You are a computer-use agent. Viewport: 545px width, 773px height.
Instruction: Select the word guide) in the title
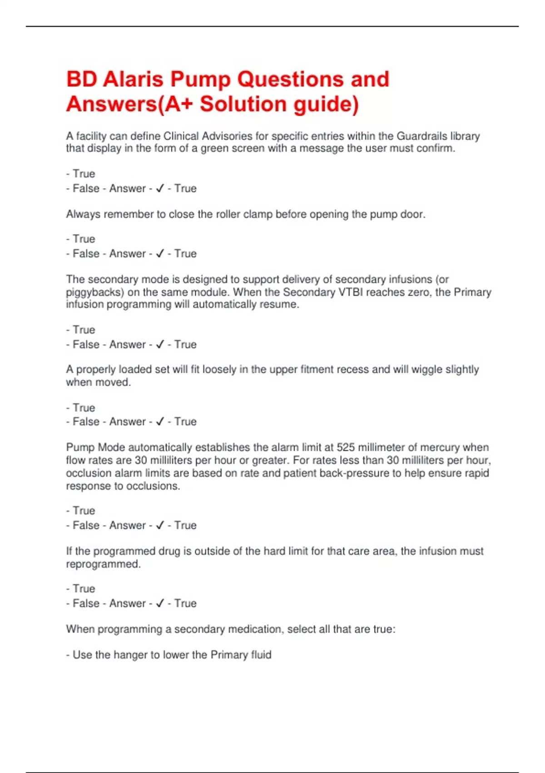tap(326, 104)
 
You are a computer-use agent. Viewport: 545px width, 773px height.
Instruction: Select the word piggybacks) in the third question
tap(95, 292)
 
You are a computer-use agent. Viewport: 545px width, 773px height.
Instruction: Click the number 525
tap(346, 447)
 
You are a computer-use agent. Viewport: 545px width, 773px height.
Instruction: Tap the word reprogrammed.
tap(103, 564)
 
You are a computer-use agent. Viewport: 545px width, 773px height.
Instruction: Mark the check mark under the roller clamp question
tap(159, 253)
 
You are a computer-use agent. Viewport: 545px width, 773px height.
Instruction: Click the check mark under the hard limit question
tap(159, 603)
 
